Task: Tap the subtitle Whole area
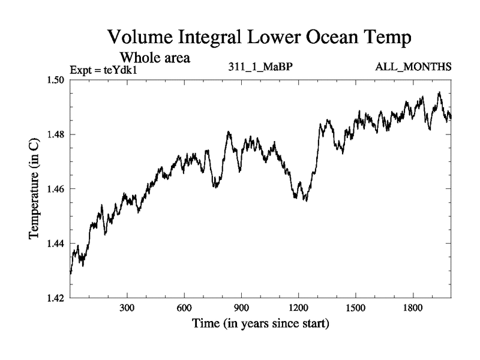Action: tap(155, 58)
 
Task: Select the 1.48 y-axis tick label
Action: tap(55, 134)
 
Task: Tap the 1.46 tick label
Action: tap(55, 189)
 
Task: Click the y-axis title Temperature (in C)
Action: tap(34, 188)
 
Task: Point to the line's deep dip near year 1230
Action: tap(305, 200)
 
